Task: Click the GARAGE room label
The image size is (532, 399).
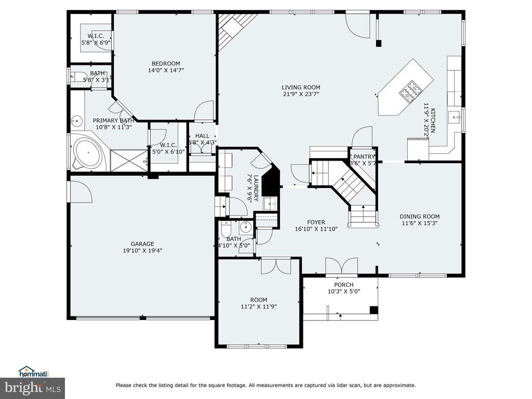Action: pyautogui.click(x=142, y=244)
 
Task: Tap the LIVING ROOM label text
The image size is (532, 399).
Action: pyautogui.click(x=301, y=87)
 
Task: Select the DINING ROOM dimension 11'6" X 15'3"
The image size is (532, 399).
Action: pyautogui.click(x=420, y=223)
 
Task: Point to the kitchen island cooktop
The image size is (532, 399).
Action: pyautogui.click(x=409, y=90)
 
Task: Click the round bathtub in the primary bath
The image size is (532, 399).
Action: pyautogui.click(x=88, y=153)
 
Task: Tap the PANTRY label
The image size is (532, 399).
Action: pyautogui.click(x=364, y=157)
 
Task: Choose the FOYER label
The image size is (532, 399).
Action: pyautogui.click(x=316, y=222)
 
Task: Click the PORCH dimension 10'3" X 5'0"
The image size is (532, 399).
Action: pyautogui.click(x=344, y=291)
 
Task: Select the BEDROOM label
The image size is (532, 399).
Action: pyautogui.click(x=166, y=63)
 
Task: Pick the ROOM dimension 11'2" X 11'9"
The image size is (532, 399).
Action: pyautogui.click(x=259, y=307)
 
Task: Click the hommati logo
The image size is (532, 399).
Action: pyautogui.click(x=34, y=372)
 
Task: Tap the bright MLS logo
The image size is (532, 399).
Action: pyautogui.click(x=33, y=388)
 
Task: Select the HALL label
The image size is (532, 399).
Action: pyautogui.click(x=202, y=136)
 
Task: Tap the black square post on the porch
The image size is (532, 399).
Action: pyautogui.click(x=374, y=310)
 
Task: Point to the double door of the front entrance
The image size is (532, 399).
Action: pyautogui.click(x=342, y=266)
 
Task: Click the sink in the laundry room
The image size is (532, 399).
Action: pyautogui.click(x=271, y=204)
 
